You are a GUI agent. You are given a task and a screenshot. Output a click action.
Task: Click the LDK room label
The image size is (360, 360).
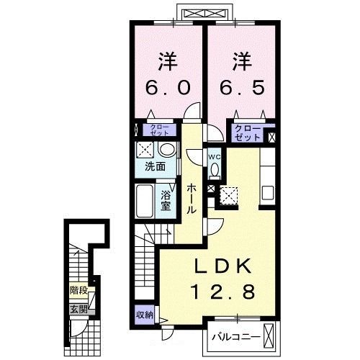tap(222, 266)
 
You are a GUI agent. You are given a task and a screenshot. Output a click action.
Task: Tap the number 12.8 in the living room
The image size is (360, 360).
tap(223, 292)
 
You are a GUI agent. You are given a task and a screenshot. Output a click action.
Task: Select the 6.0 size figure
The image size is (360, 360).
tap(168, 87)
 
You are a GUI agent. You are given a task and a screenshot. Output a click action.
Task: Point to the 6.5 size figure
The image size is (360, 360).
tap(242, 87)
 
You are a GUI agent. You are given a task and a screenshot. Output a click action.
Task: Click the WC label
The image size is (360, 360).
tap(215, 157)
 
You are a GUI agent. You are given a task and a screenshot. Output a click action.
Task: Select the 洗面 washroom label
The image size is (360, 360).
tap(155, 166)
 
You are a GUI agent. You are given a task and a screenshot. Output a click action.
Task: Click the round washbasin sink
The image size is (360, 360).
tap(166, 150)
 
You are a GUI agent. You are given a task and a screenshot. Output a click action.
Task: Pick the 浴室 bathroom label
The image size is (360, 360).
tap(166, 200)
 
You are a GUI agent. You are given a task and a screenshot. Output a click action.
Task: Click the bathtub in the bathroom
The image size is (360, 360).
tap(145, 201)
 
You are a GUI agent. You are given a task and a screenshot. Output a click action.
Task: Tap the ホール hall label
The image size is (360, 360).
tap(192, 199)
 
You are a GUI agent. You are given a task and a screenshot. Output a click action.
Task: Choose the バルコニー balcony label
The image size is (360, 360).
tap(236, 337)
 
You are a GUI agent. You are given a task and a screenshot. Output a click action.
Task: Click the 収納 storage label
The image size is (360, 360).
tap(145, 315)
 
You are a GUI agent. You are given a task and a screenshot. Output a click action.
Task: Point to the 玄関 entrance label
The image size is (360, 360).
tap(78, 310)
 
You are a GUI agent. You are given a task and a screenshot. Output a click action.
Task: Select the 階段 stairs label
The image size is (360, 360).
tap(78, 290)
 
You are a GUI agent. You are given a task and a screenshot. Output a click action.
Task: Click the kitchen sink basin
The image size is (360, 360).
tap(268, 193)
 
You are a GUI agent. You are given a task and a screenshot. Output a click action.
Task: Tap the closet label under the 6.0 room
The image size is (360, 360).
tap(160, 130)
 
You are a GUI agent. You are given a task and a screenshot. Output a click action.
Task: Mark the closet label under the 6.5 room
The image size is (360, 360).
tap(248, 132)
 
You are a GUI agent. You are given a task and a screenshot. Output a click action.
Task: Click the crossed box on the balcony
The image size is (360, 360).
tap(269, 334)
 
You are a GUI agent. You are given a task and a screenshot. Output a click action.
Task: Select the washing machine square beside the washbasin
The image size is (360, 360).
tap(145, 150)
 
